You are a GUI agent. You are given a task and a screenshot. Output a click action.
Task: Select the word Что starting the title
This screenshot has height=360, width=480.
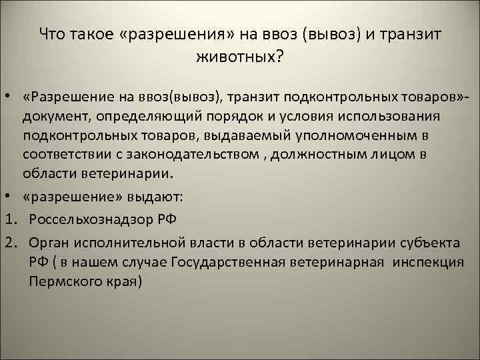pos(51,34)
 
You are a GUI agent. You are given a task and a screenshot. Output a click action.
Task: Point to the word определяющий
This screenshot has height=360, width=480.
pos(148,117)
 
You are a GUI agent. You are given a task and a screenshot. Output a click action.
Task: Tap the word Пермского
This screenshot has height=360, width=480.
pos(61,280)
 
